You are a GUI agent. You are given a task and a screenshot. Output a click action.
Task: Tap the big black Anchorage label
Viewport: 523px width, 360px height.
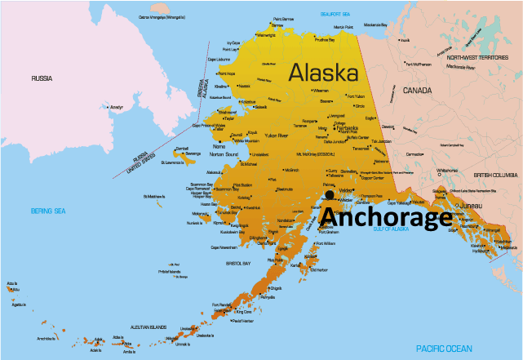tap(384, 217)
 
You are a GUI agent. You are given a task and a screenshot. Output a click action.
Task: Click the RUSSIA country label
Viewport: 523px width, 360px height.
tap(42, 78)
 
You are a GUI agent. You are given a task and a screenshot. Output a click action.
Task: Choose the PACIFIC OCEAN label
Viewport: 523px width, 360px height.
tap(443, 349)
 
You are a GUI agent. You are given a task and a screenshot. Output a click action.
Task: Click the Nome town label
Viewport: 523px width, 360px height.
tap(218, 145)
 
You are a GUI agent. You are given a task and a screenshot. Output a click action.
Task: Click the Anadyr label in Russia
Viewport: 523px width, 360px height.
tap(116, 107)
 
